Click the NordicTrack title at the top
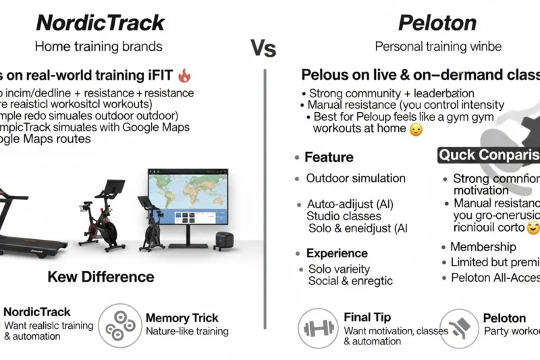tap(100, 22)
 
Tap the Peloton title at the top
tap(438, 22)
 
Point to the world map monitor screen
tap(188, 197)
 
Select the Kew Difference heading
tap(101, 277)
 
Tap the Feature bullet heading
tap(328, 157)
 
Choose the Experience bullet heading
tap(336, 253)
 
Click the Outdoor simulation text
tap(356, 178)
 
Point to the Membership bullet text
tap(483, 247)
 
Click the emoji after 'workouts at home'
tap(416, 130)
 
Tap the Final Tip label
tap(367, 317)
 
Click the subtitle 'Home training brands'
tap(99, 47)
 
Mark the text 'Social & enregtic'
tap(350, 280)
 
